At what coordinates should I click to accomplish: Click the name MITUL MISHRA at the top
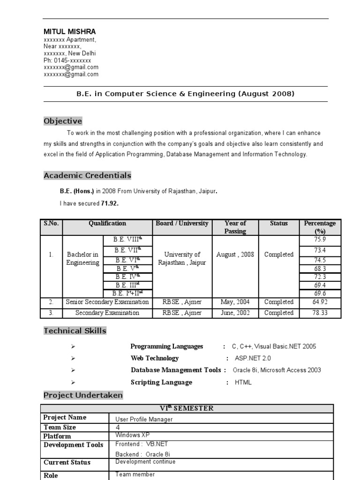click(69, 31)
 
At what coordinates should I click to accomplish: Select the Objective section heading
click(63, 121)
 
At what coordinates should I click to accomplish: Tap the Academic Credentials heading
click(87, 176)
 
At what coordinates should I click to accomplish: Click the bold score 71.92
click(110, 203)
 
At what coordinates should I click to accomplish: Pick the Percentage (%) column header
click(320, 227)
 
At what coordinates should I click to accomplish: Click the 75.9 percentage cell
click(320, 240)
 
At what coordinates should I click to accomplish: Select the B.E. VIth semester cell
click(127, 260)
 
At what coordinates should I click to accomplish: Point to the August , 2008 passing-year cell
click(235, 255)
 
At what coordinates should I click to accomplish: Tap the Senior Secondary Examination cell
click(107, 302)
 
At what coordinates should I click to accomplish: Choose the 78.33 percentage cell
click(320, 313)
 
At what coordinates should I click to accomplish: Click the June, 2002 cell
click(235, 313)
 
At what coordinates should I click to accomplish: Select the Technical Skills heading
click(75, 331)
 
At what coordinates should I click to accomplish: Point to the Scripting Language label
click(161, 382)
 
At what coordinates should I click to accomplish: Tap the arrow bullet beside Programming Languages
click(73, 346)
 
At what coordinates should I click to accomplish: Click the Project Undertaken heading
click(83, 395)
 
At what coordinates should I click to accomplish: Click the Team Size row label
click(60, 427)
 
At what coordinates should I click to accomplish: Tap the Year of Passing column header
click(235, 227)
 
